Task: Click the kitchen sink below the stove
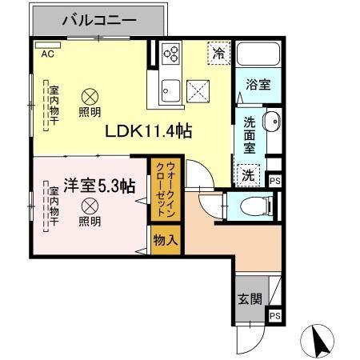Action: (x=170, y=88)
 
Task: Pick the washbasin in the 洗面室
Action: (x=270, y=123)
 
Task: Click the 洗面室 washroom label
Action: (x=250, y=137)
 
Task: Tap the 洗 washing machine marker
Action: (x=247, y=174)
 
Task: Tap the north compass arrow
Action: (x=318, y=342)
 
